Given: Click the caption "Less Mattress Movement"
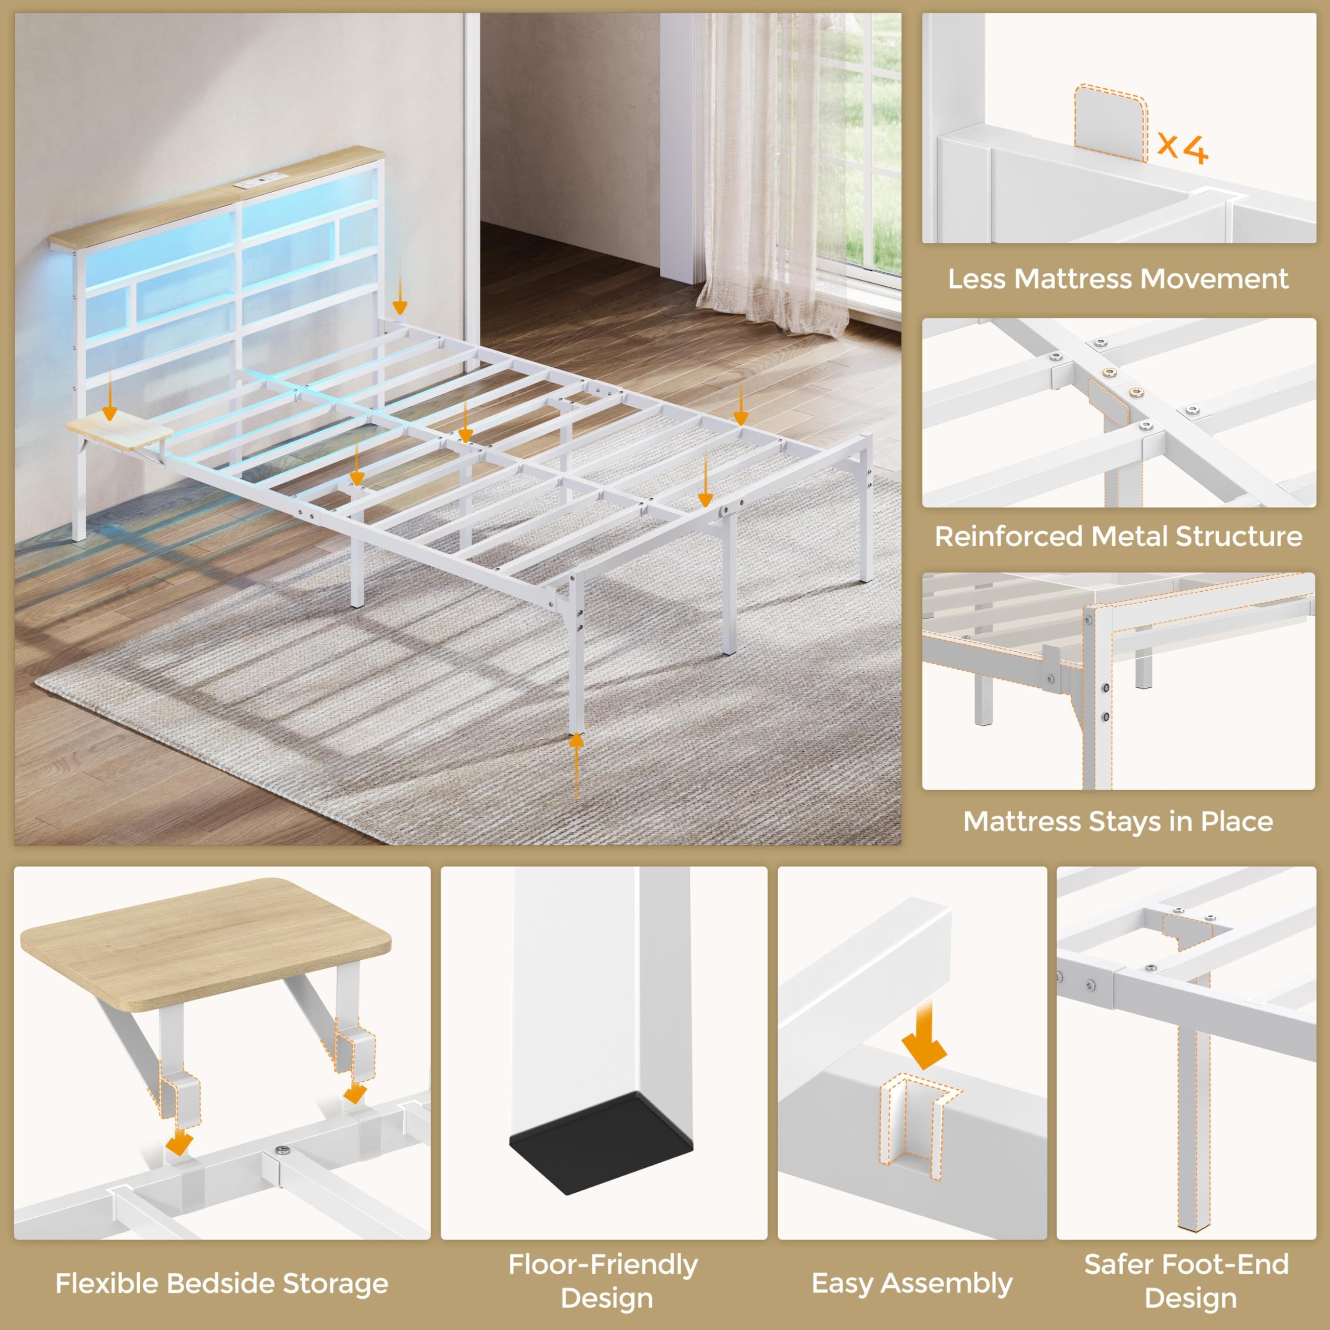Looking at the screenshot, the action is coord(1118,279).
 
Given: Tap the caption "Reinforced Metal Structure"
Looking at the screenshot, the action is coord(1118,536).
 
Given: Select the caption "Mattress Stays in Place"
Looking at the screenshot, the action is coord(1118,821).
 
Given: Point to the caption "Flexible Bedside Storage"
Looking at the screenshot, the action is coord(222,1283).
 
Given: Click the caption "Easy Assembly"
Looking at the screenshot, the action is coord(912,1283).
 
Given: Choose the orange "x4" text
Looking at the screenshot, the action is coord(1182,148).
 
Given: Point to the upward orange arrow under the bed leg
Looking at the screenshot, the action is coord(576,765).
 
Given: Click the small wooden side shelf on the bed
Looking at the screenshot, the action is coord(119,430).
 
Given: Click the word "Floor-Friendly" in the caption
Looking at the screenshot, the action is coord(603,1265).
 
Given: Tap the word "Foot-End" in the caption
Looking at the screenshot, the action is coord(1224,1264).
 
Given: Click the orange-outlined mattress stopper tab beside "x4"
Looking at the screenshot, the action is coord(1110,123).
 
